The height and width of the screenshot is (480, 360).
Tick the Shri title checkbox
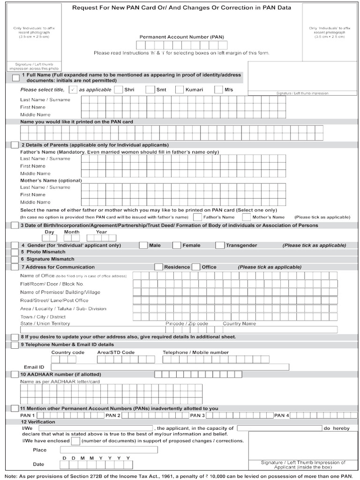pyautogui.click(x=119, y=90)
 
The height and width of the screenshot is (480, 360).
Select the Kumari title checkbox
pyautogui.click(x=180, y=90)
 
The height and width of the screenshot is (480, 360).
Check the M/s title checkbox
pyautogui.click(x=218, y=90)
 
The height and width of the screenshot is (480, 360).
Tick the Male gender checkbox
pyautogui.click(x=143, y=245)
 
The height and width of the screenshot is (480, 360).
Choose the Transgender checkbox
pyautogui.click(x=220, y=245)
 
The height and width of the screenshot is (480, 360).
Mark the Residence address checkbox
pyautogui.click(x=158, y=267)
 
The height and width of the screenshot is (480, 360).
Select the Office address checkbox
pyautogui.click(x=196, y=267)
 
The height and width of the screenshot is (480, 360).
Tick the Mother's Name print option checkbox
pyautogui.click(x=247, y=217)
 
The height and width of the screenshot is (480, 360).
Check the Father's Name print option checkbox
pyautogui.click(x=197, y=217)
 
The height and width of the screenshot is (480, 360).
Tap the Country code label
pyautogui.click(x=67, y=352)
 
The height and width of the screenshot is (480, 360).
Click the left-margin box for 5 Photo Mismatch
pyautogui.click(x=15, y=252)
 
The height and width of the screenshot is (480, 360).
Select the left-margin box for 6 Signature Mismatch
pyautogui.click(x=15, y=259)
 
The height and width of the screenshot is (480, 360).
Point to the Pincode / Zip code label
pyautogui.click(x=187, y=323)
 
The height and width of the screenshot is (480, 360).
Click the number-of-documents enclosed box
pyautogui.click(x=75, y=441)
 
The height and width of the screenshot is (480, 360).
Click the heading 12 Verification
pyautogui.click(x=38, y=422)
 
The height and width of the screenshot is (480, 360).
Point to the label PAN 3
pyautogui.click(x=197, y=415)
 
